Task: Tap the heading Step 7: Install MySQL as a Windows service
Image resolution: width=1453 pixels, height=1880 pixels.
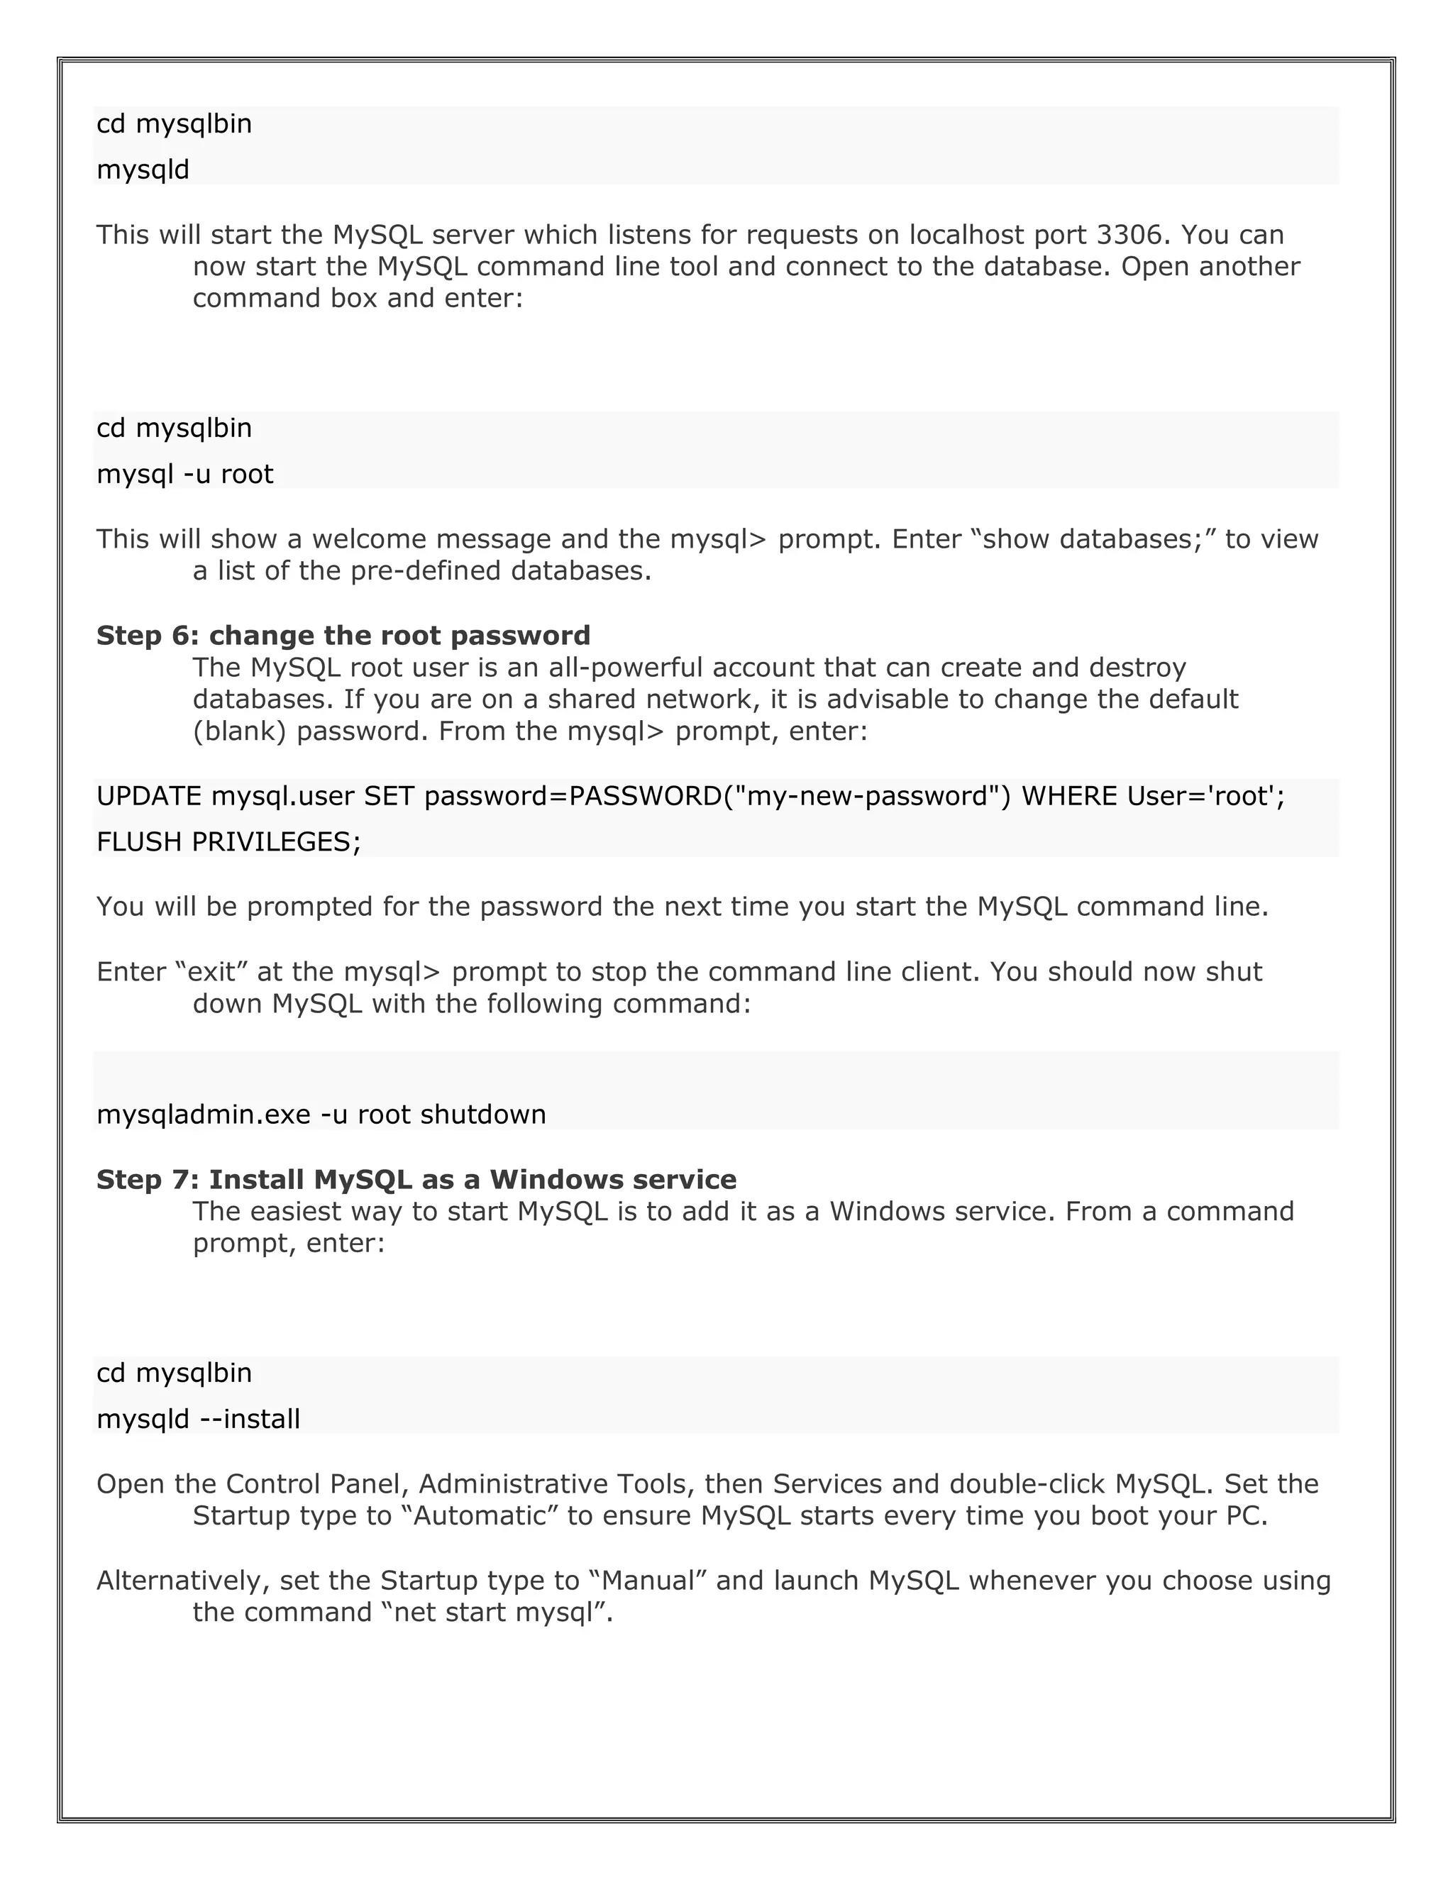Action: pyautogui.click(x=416, y=1179)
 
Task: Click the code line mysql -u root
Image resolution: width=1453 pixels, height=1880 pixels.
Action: pyautogui.click(x=185, y=475)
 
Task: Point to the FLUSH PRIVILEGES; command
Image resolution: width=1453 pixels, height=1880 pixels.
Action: pyautogui.click(x=229, y=842)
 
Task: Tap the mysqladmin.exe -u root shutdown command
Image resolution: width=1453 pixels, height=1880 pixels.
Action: pyautogui.click(x=321, y=1115)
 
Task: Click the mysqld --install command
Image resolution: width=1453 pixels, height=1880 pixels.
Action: pyautogui.click(x=198, y=1419)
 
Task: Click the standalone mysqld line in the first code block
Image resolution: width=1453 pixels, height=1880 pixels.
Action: pyautogui.click(x=143, y=170)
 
